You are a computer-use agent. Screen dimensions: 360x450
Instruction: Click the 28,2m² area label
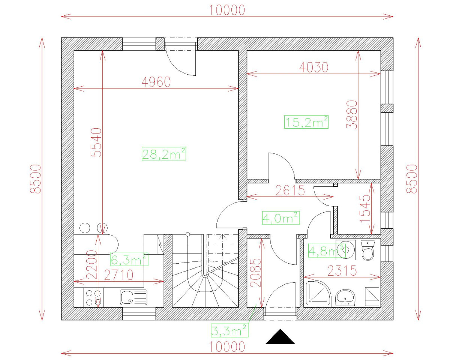(x=164, y=154)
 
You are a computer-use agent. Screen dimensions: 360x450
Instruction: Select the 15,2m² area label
(x=306, y=122)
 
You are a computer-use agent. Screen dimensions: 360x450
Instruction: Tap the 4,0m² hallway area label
(x=280, y=218)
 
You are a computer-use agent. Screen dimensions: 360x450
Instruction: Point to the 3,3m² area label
(x=229, y=330)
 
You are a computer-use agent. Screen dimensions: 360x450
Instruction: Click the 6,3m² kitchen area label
(x=129, y=259)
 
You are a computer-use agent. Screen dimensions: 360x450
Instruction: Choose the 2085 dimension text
(x=255, y=272)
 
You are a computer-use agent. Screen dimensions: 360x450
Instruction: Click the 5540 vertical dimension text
(x=96, y=142)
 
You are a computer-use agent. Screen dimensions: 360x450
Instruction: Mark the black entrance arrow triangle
(x=280, y=337)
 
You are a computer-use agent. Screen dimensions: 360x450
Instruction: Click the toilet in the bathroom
(x=368, y=250)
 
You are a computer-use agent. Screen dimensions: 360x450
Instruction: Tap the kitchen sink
(x=133, y=297)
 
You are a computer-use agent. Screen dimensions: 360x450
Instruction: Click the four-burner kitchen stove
(x=93, y=297)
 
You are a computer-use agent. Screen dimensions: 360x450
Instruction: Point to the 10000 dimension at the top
(x=227, y=10)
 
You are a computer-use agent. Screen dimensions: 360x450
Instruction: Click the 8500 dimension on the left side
(x=36, y=179)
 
